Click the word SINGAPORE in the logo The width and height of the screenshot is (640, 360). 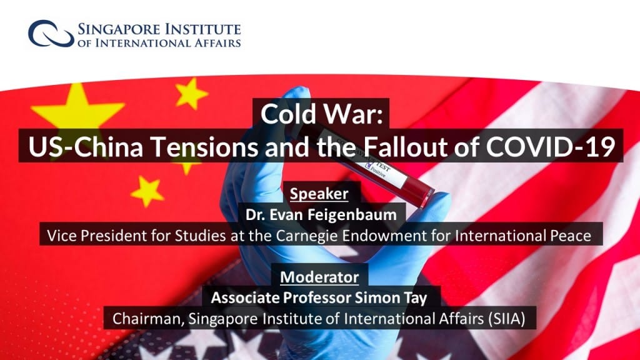tap(118, 29)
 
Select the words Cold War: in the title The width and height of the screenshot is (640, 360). tap(322, 114)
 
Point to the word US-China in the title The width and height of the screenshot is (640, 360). tap(86, 146)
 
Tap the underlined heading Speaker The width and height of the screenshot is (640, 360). tap(319, 194)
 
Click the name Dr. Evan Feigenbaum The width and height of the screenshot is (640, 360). tap(321, 214)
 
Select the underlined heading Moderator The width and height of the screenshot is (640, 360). tap(319, 277)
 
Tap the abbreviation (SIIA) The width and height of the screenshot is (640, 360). tap(506, 318)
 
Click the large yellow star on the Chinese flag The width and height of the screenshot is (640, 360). tap(77, 110)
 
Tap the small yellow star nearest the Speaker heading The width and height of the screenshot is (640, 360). tap(146, 191)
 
